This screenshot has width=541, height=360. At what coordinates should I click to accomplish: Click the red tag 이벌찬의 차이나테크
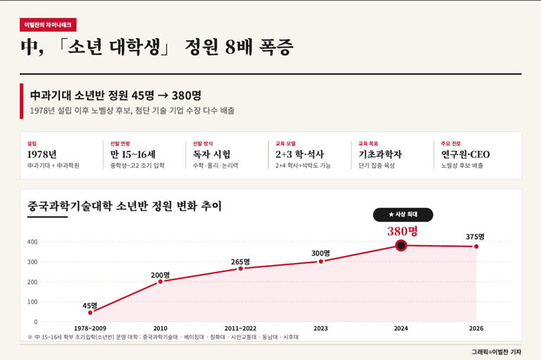pos(48,25)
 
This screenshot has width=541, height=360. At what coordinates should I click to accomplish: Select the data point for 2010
pos(161,282)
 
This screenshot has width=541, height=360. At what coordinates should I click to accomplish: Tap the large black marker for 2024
pos(401,246)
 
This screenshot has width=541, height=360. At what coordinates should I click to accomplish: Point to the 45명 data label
pos(89,306)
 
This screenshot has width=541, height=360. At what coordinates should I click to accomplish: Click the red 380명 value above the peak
pos(402,231)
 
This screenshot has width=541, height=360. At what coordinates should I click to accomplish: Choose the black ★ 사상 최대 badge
pos(403,214)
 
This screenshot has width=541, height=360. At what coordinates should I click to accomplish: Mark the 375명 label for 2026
pos(475,237)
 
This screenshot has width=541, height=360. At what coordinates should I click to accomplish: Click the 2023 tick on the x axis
pos(321,328)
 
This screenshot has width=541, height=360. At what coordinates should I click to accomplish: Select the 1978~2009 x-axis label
pos(90,328)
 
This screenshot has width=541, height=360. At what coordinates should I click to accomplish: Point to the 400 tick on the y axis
pos(32,242)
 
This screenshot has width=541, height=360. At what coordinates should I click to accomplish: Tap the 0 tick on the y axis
pos(35,322)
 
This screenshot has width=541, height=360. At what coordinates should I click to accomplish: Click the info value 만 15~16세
pos(133,154)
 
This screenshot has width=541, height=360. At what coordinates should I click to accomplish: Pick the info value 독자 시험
pos(211,154)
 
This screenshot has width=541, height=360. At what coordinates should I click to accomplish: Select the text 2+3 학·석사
pos(299,154)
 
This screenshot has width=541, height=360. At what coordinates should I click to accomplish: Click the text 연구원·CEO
pos(465,154)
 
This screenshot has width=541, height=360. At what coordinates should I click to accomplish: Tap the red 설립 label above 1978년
pos(32,144)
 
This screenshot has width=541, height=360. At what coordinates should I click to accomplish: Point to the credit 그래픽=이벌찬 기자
pos(496,352)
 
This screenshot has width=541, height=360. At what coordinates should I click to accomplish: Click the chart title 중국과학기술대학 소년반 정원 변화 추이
pos(124,206)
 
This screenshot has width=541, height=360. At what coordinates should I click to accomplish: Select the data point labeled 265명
pos(241,268)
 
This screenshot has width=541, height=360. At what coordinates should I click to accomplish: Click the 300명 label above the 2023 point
pos(321,253)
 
